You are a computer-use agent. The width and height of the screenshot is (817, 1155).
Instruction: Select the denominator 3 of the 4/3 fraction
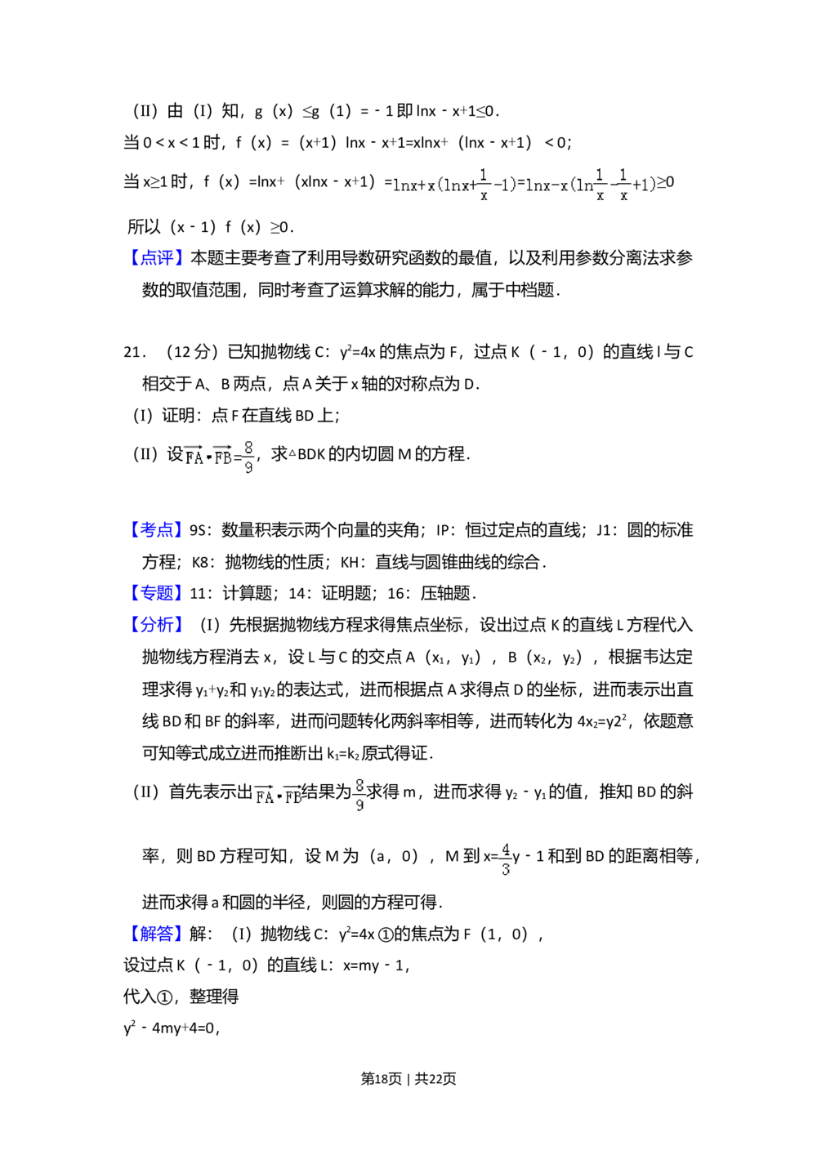[506, 870]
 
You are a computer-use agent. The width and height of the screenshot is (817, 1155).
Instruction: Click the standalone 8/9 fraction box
[359, 793]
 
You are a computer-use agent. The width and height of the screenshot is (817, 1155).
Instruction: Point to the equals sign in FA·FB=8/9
[238, 459]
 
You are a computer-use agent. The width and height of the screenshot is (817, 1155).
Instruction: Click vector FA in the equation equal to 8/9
[194, 457]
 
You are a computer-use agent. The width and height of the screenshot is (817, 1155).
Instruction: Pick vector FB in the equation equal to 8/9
[223, 457]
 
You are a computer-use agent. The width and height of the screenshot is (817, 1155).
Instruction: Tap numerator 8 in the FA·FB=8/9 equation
[248, 448]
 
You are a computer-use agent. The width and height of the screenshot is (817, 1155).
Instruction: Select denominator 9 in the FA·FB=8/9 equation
[248, 468]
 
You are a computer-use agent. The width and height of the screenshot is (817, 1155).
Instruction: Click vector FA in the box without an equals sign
[264, 796]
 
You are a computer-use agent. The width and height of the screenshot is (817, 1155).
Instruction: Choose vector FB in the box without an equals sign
[292, 796]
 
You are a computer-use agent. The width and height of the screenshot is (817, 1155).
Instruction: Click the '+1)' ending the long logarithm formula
[645, 185]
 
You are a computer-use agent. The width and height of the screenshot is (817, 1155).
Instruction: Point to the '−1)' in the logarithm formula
[505, 185]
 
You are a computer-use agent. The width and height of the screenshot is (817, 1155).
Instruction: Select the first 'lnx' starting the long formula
[404, 185]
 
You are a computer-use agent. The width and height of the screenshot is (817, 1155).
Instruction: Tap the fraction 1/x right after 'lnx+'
[484, 185]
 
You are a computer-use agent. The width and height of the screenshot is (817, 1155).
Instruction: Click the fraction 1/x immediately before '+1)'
[623, 185]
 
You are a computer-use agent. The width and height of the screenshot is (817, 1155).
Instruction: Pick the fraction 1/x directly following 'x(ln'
[600, 185]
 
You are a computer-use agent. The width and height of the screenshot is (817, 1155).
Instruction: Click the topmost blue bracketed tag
[157, 258]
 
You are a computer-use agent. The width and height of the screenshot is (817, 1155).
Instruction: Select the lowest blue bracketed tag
[157, 934]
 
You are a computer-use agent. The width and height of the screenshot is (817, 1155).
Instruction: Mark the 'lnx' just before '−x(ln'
[537, 185]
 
